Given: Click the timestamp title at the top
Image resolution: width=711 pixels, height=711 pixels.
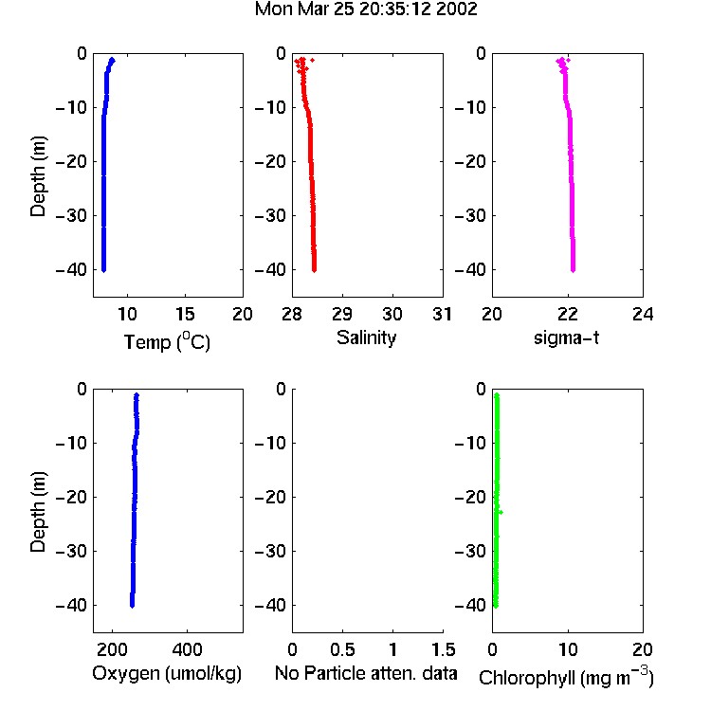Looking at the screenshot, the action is [366, 9].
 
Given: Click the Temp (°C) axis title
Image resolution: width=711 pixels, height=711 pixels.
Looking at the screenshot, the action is [167, 341].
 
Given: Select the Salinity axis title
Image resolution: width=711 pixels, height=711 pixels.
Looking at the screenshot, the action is [366, 337].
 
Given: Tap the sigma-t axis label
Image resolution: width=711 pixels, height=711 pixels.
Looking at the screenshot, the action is [566, 337].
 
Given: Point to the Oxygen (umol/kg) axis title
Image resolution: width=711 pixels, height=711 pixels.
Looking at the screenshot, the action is [167, 674].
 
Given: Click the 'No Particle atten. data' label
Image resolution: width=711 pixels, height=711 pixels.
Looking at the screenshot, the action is [366, 673].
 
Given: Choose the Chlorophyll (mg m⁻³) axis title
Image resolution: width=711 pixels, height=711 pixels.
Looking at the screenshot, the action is [566, 677].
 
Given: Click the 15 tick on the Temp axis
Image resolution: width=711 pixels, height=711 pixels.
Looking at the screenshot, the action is [185, 314].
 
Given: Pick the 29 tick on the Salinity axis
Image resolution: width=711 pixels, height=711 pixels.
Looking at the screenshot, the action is [342, 314].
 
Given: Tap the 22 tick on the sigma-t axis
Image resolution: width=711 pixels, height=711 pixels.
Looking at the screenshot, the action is [567, 314].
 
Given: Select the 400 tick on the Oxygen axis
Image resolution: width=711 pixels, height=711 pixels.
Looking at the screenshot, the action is [187, 649].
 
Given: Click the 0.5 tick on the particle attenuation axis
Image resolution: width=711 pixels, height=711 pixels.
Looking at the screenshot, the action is [342, 649].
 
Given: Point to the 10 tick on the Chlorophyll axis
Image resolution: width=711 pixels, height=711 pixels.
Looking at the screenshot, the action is [567, 649].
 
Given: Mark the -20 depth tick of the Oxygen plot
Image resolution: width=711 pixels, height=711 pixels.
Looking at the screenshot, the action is [71, 497].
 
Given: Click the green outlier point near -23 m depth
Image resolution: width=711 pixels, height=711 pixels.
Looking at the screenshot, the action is [501, 512].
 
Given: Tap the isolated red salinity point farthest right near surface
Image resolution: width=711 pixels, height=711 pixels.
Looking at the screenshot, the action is [312, 60].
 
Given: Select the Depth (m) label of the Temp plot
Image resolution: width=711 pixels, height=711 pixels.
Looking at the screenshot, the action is [38, 177].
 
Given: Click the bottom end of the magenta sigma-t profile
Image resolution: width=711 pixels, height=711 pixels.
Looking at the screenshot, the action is [574, 270].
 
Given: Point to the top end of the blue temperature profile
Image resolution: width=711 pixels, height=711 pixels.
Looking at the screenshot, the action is [113, 60].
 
